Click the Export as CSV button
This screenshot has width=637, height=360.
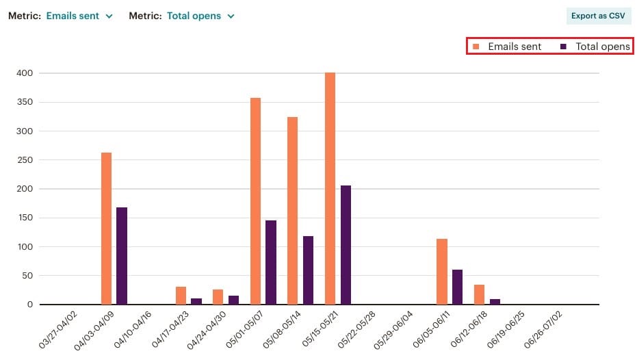point(598,16)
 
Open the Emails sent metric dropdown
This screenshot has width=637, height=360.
point(79,16)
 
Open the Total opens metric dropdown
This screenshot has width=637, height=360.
point(200,16)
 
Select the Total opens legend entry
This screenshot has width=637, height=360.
point(595,47)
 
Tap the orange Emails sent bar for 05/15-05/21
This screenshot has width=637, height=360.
point(330,188)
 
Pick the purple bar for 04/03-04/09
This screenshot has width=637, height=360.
point(122,256)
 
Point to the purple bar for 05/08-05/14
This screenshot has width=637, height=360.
point(308,270)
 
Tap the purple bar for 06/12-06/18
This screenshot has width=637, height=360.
point(495,302)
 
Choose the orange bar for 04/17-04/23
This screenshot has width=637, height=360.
point(181,296)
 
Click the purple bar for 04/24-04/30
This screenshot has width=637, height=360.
point(233,300)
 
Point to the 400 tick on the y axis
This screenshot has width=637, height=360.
point(25,73)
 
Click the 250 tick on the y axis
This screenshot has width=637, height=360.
point(25,160)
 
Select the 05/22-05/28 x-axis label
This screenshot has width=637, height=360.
point(360,329)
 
